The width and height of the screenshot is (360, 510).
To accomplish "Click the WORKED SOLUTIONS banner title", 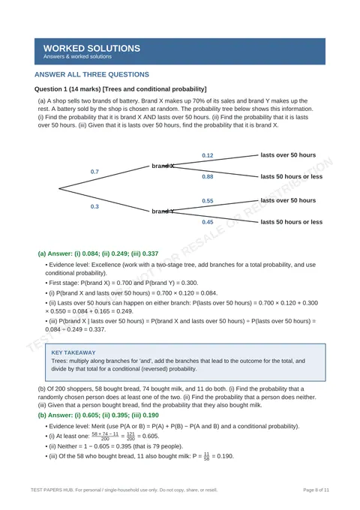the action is coord(91,49).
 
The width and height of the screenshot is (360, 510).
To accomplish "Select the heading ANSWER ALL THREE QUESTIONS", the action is coord(91,74).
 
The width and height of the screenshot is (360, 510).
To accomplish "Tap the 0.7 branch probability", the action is coord(94,172).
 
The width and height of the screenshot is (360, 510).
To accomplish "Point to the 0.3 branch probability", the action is coord(94,206).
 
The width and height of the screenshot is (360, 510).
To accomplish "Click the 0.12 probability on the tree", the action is coord(208,155).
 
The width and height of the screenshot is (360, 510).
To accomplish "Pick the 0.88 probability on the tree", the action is coord(208,176).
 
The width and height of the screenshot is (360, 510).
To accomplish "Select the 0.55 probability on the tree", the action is coord(208,201).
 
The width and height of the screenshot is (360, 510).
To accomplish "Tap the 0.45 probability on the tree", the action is coord(208,222).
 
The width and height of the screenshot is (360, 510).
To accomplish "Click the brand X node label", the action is coord(163,166).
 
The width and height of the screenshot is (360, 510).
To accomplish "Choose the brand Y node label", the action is coord(163,211).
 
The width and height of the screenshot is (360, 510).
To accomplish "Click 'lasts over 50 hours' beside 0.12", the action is coord(288,155).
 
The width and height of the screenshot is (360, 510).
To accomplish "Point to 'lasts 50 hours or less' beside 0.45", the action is coord(292,222).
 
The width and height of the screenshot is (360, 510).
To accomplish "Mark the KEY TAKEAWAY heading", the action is coord(73,352).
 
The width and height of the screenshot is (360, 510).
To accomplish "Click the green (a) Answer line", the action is coord(98,253).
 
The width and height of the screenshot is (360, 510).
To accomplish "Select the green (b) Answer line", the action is coord(98,415).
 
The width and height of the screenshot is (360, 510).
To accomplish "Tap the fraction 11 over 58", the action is coord(206,457).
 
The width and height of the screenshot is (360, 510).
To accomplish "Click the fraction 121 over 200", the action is coord(130,436).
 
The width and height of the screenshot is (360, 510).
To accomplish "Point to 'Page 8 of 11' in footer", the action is coord(316,490).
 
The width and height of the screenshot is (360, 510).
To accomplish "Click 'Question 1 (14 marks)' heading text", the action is coord(67,89).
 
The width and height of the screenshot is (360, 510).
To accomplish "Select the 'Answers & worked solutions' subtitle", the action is coord(77,56).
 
